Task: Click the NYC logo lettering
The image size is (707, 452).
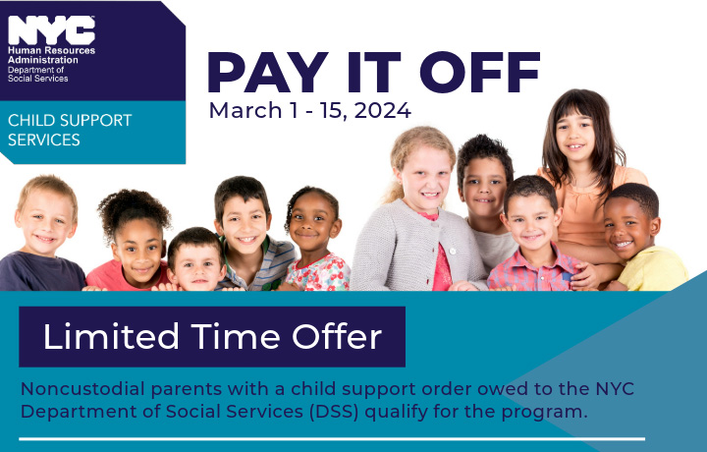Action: click(x=51, y=30)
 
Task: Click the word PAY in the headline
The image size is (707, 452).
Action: click(x=268, y=72)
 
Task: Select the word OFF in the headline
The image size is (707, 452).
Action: click(x=480, y=72)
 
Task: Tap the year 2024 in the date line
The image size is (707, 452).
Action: click(x=382, y=110)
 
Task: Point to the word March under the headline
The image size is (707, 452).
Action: click(x=245, y=110)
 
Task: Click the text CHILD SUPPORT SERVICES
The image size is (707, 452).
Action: click(x=70, y=130)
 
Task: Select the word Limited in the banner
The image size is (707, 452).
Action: click(x=111, y=336)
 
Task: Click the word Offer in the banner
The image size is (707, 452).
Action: click(x=337, y=336)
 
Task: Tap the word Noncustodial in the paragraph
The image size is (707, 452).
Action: click(x=82, y=389)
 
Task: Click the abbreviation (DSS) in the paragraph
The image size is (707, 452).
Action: click(x=334, y=412)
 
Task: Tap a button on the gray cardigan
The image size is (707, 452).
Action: click(x=453, y=251)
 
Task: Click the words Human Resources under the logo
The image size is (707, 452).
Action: click(x=51, y=50)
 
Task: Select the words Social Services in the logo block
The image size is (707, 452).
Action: click(x=38, y=79)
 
